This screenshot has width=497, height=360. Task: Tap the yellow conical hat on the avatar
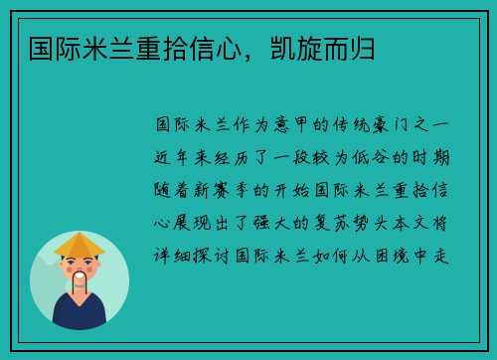point(80,244)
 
